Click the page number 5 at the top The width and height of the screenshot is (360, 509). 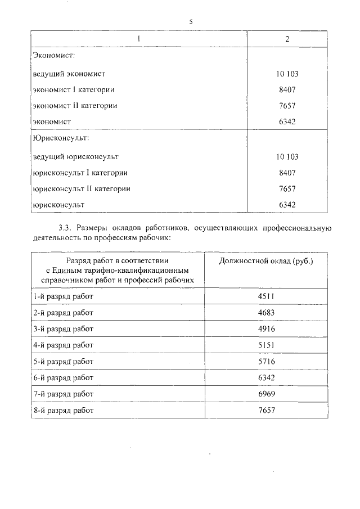[191, 22]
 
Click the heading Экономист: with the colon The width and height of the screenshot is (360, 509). [55, 57]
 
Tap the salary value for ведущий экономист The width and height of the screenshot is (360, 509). [287, 74]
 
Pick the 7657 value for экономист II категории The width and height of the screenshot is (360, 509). [287, 105]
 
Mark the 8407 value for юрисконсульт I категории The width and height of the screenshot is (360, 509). [287, 173]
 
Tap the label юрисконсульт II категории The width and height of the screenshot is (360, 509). [82, 189]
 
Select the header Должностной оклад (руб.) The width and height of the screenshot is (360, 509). [265, 262]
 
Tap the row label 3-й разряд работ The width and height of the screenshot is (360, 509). [63, 328]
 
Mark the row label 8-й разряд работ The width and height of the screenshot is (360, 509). [63, 411]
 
